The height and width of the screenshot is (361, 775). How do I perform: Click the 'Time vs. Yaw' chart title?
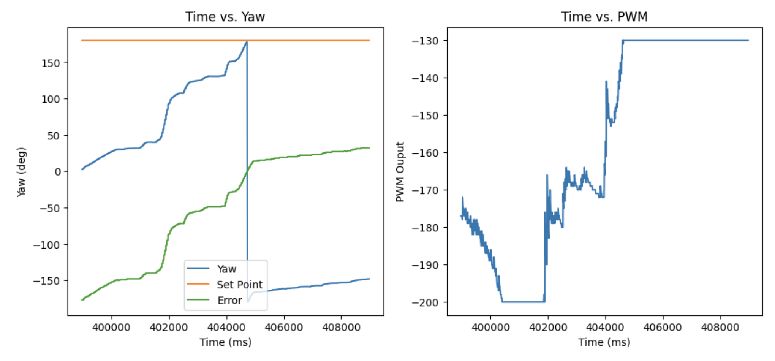225,17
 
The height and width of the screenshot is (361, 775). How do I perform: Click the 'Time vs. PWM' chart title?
604,17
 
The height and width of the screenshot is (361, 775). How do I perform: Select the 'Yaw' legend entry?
226,269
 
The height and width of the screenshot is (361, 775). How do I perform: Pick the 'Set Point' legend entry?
239,285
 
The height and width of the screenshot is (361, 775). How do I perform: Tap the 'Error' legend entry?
229,301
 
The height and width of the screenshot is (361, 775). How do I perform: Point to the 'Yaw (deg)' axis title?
21,172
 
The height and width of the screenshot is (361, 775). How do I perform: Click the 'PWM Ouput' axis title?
400,172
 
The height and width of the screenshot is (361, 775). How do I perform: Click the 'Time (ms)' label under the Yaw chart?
226,342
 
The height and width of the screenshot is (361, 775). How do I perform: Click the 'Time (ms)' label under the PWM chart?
604,342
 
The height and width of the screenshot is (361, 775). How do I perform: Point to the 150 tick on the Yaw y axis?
51,63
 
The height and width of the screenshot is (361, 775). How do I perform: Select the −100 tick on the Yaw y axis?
46,245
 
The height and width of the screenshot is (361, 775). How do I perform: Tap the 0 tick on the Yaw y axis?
57,172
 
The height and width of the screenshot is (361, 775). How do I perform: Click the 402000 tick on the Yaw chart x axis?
169,327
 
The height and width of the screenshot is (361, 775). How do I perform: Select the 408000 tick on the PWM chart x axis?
720,327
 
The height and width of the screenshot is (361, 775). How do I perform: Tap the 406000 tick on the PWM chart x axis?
663,327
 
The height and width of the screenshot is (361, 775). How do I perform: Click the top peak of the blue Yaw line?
247,42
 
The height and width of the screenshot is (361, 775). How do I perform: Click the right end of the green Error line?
369,148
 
